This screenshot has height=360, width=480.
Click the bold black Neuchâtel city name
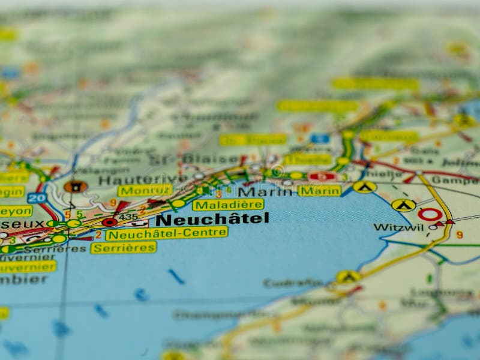[212, 219]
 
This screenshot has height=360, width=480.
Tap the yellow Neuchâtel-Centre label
[167, 233]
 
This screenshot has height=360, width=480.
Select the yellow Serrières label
[124, 247]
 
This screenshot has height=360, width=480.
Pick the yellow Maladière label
[228, 205]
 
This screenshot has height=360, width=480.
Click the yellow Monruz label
[145, 191]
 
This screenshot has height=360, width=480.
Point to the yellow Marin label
[319, 191]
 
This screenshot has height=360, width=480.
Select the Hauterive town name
[134, 179]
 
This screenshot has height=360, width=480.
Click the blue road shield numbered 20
[37, 198]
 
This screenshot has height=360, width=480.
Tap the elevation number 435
[128, 217]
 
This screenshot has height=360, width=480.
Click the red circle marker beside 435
[109, 222]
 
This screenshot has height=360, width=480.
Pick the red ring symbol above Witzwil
[430, 214]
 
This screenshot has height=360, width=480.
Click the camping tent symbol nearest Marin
[365, 187]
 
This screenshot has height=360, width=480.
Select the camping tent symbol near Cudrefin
[348, 277]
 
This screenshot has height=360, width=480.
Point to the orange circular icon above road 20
[76, 187]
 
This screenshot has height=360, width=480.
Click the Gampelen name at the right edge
[455, 179]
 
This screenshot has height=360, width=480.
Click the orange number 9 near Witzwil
[459, 235]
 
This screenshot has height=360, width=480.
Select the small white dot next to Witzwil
[433, 227]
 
